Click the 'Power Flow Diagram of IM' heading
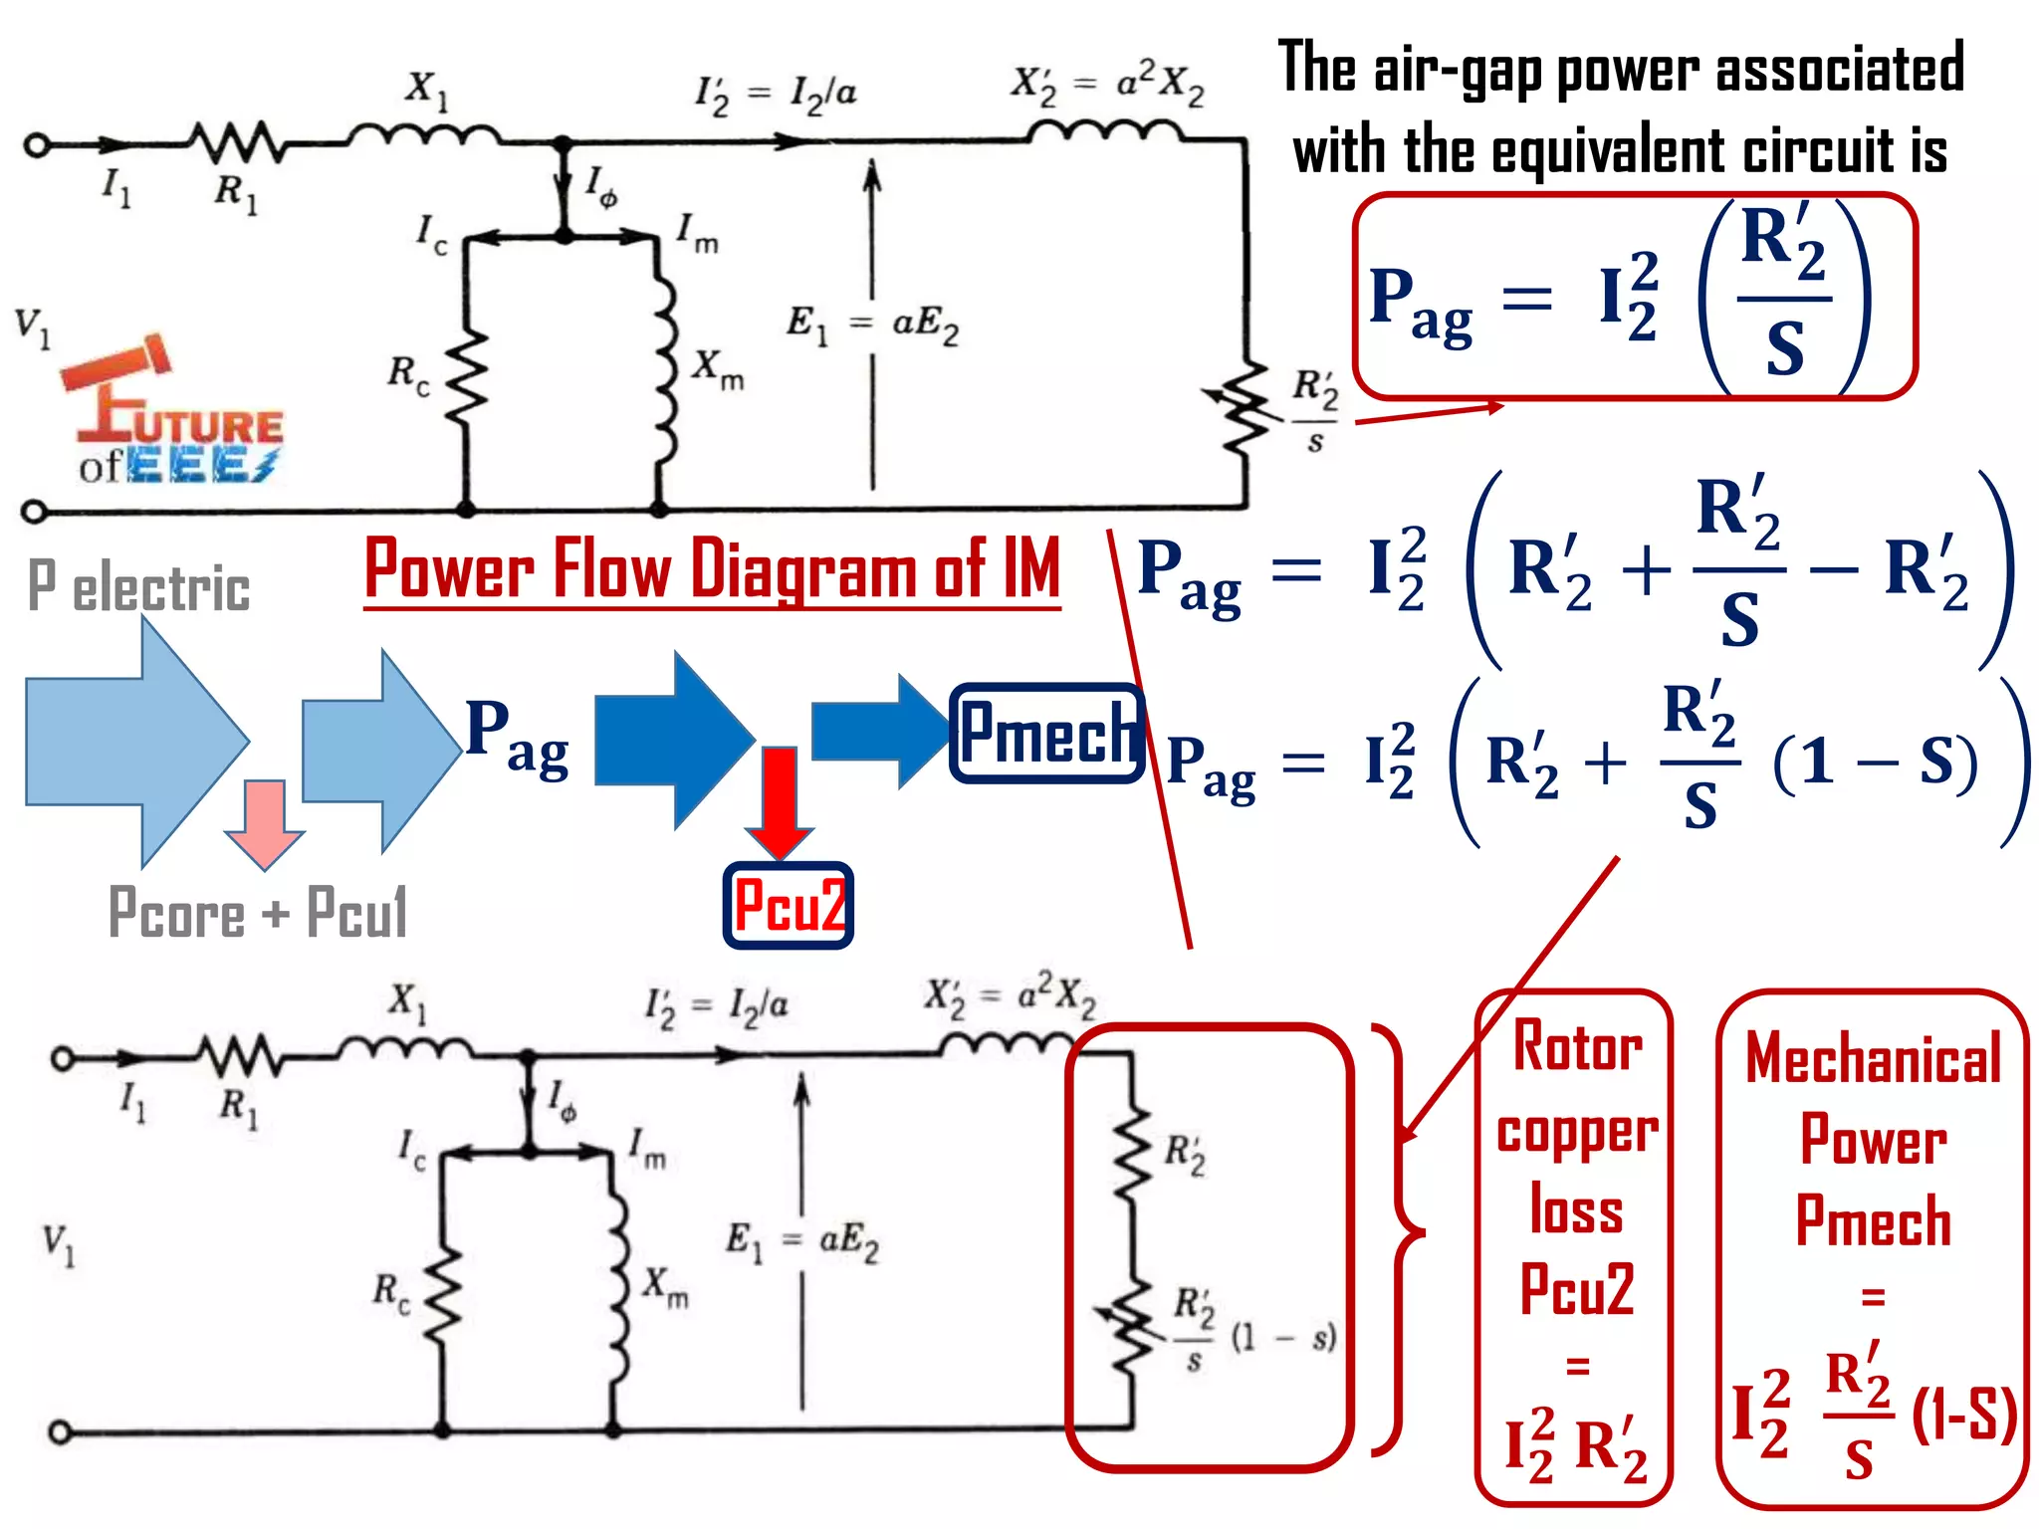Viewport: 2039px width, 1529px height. (711, 569)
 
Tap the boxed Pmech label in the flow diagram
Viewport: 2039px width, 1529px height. (1046, 734)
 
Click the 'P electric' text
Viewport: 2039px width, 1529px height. (138, 586)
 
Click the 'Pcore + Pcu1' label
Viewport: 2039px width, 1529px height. (258, 912)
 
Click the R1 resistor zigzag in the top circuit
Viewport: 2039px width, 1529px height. (237, 144)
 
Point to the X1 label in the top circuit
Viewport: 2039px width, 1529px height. (426, 90)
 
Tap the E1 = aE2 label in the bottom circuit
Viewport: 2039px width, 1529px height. (801, 1241)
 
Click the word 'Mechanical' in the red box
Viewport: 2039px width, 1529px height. (1873, 1059)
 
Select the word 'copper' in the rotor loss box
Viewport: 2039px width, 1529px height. (1577, 1133)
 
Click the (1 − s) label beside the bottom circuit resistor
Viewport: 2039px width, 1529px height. (1283, 1337)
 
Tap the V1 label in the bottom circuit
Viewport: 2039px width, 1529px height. (58, 1244)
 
